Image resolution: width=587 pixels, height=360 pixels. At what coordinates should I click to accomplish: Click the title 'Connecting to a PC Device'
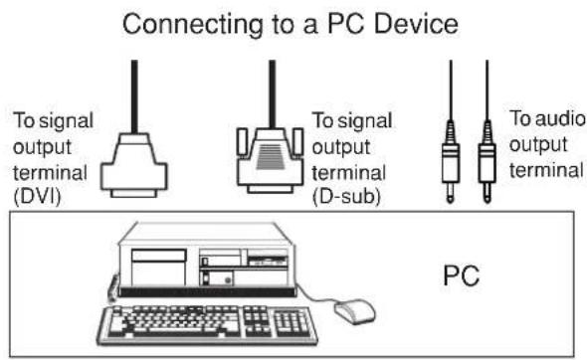pyautogui.click(x=294, y=21)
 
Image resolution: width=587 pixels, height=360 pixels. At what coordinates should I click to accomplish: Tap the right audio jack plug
pyautogui.click(x=487, y=159)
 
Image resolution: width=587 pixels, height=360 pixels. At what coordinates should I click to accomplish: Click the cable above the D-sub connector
pyautogui.click(x=272, y=90)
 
